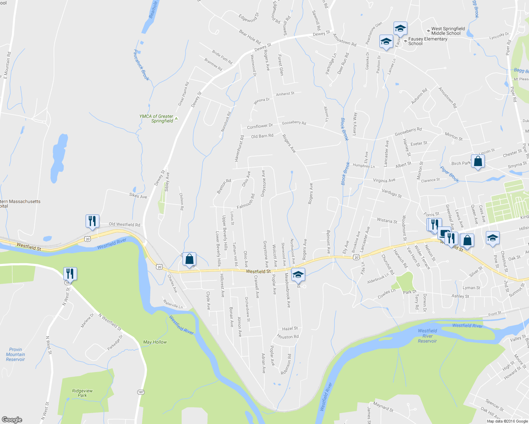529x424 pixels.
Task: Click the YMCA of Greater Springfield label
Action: coord(156,118)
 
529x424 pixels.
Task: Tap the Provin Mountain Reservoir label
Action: coord(15,354)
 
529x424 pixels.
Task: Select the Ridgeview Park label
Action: coord(82,393)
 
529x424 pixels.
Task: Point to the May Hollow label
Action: coord(155,342)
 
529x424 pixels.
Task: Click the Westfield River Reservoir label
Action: coord(427,336)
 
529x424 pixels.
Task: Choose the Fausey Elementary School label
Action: coord(428,41)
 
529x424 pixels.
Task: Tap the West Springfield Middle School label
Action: coord(448,31)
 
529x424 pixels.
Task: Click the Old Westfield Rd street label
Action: coord(124,224)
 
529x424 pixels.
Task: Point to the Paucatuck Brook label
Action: coord(141,65)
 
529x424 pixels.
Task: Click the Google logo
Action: coord(12,419)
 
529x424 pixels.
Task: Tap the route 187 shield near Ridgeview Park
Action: coord(141,392)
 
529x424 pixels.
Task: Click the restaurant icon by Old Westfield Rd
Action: coord(92,221)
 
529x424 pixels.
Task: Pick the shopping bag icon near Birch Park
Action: coord(478,161)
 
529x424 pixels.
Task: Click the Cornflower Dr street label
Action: coord(260,126)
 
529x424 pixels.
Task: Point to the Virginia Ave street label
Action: coord(384,180)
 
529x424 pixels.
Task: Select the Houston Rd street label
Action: coord(288,337)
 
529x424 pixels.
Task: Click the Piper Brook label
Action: coord(450,175)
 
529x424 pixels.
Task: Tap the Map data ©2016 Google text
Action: coord(507,421)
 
